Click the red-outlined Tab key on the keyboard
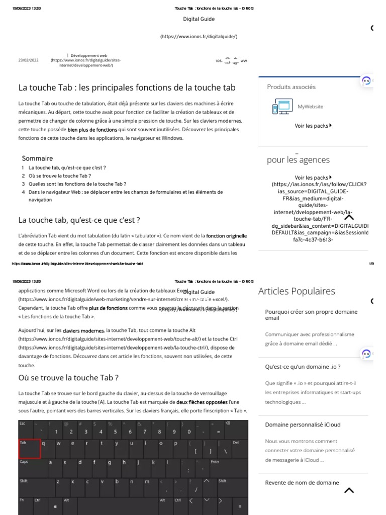coord(30,448)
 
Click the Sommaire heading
coord(37,158)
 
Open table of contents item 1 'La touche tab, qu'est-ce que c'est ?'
coord(67,167)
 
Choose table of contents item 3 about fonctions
coord(77,184)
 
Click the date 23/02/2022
coord(28,60)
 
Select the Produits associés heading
coord(291,87)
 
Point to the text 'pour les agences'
coord(298,160)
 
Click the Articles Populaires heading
coord(296,291)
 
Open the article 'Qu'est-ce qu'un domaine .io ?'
coord(303,367)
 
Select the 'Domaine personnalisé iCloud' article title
coord(303,424)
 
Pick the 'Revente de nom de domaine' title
coord(302,483)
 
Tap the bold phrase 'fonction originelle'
coord(226,235)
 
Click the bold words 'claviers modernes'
coord(90,331)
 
